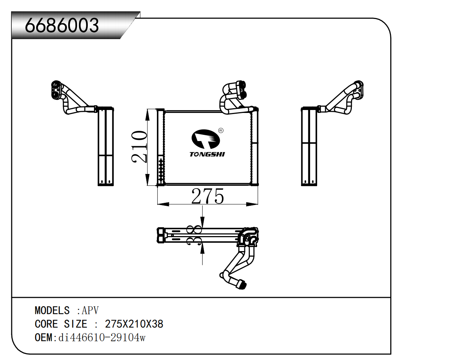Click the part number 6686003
click(x=62, y=25)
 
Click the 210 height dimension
click(x=139, y=147)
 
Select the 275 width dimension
click(x=207, y=197)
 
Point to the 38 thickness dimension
click(x=194, y=235)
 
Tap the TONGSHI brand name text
click(x=207, y=154)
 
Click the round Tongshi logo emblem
click(x=205, y=139)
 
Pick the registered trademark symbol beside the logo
click(x=221, y=130)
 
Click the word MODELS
click(x=52, y=311)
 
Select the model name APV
click(x=90, y=311)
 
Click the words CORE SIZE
click(x=61, y=324)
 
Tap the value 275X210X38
click(x=134, y=324)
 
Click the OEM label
click(x=44, y=338)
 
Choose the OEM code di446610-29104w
click(x=102, y=338)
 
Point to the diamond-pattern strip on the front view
click(x=161, y=170)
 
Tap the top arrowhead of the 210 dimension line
click(x=147, y=115)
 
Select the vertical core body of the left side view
click(x=106, y=146)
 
